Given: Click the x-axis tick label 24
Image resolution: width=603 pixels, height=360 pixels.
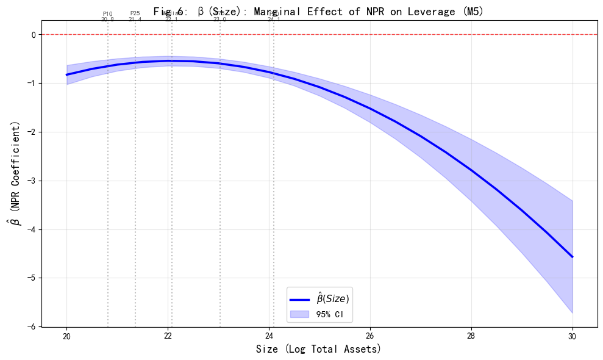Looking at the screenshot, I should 269,336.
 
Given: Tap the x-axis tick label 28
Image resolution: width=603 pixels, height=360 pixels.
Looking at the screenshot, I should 471,336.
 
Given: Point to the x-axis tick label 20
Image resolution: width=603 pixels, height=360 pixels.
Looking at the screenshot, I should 66,336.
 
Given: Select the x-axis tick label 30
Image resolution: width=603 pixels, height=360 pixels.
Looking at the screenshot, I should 573,336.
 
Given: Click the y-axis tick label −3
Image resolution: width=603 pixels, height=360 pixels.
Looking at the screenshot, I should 31,181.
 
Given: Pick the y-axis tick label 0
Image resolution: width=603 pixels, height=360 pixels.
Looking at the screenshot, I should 34,35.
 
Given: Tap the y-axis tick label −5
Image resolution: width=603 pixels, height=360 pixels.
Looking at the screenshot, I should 31,278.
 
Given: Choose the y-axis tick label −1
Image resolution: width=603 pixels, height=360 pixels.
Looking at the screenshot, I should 31,84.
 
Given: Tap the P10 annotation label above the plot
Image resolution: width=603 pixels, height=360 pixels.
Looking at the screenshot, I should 108,13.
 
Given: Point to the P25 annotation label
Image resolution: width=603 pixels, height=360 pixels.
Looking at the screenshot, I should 135,13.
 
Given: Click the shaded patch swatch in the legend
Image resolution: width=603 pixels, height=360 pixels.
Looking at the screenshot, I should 299,314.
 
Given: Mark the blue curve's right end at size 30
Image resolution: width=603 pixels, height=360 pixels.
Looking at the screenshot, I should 573,257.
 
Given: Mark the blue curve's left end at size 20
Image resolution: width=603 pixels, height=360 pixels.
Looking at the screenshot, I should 66,74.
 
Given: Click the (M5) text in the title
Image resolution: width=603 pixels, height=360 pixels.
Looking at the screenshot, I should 473,12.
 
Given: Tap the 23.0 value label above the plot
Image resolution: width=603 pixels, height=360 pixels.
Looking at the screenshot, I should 219,20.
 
